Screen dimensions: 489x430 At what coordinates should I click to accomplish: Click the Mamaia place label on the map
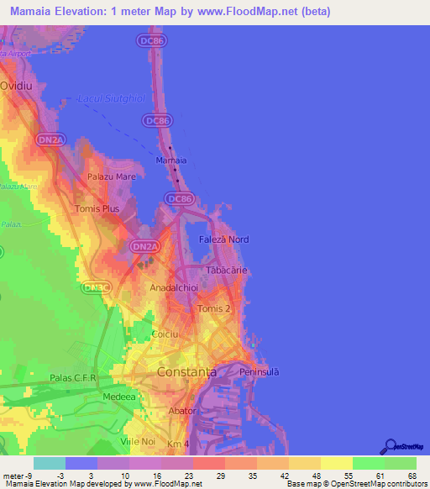click(x=171, y=159)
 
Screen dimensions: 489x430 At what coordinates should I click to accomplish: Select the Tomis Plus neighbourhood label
click(x=98, y=208)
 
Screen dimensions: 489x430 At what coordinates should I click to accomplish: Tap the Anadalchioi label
click(x=173, y=287)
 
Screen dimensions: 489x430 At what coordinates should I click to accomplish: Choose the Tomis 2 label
click(x=213, y=309)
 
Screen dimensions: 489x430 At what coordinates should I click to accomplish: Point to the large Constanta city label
click(x=186, y=371)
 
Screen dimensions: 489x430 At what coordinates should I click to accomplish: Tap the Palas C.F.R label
click(x=74, y=377)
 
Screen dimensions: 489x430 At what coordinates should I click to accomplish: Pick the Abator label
click(x=181, y=411)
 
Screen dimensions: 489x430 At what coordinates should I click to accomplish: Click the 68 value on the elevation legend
click(x=411, y=476)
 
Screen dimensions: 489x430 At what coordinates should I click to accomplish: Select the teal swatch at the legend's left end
click(x=50, y=463)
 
